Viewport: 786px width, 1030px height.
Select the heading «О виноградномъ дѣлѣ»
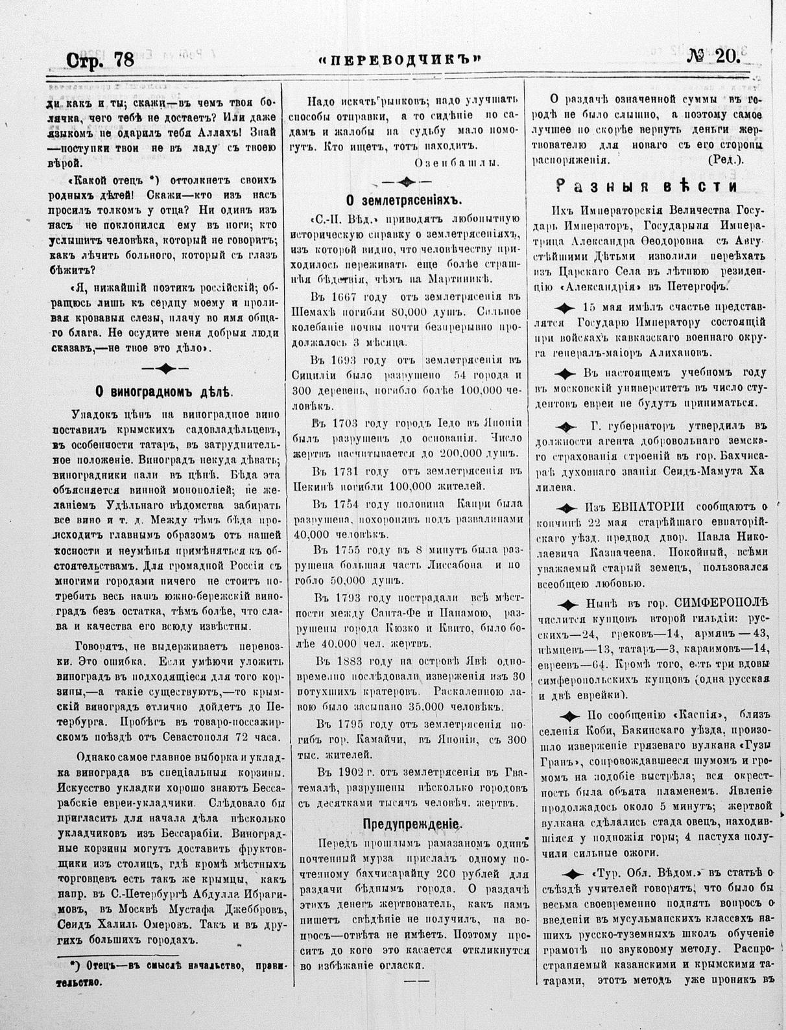tap(159, 392)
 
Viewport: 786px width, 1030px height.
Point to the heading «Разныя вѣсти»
tap(646, 187)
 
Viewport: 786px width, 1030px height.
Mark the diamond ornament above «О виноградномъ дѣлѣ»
tap(165, 369)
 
